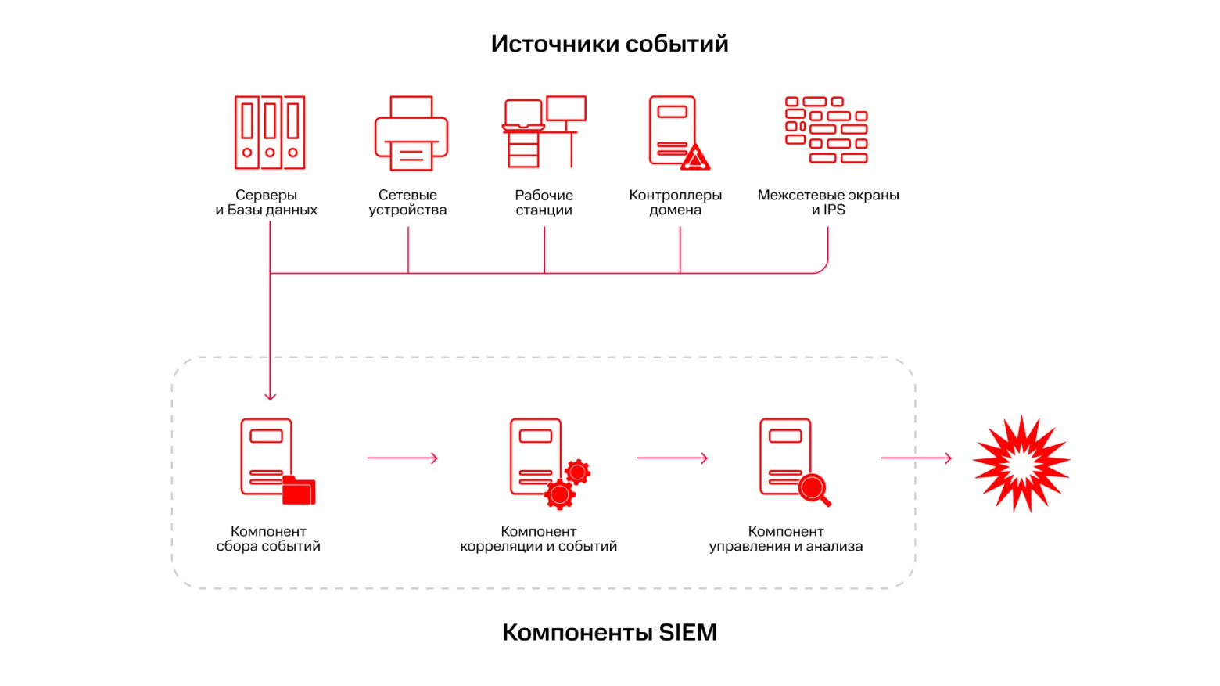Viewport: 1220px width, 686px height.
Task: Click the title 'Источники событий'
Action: pyautogui.click(x=609, y=44)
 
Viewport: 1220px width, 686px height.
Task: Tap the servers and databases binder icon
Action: pyautogui.click(x=270, y=132)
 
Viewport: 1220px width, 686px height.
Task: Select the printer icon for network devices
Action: pyautogui.click(x=411, y=133)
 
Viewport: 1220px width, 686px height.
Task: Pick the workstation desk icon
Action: pyautogui.click(x=544, y=132)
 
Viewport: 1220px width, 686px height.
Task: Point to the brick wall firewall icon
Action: pyautogui.click(x=827, y=130)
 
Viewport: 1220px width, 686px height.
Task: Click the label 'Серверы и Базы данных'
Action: pyautogui.click(x=267, y=202)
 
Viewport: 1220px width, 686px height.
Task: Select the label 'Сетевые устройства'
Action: pyautogui.click(x=407, y=202)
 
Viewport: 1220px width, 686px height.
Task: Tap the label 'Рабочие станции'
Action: pyautogui.click(x=544, y=202)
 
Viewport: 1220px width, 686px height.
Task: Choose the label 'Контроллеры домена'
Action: pyautogui.click(x=675, y=202)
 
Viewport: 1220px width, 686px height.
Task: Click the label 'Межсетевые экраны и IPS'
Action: pyautogui.click(x=828, y=202)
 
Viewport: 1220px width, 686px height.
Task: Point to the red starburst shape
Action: pyautogui.click(x=1021, y=464)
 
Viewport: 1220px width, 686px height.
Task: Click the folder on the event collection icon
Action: pyautogui.click(x=299, y=490)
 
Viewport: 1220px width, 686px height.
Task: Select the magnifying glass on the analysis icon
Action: pyautogui.click(x=814, y=490)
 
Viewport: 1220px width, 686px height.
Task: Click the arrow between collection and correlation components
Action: pyautogui.click(x=402, y=458)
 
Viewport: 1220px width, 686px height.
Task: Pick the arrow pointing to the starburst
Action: pyautogui.click(x=916, y=458)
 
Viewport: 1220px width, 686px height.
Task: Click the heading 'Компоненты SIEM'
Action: pyautogui.click(x=609, y=632)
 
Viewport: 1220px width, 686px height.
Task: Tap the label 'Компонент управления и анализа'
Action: pyautogui.click(x=786, y=539)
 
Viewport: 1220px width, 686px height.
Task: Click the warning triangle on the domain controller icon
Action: pyautogui.click(x=695, y=159)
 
